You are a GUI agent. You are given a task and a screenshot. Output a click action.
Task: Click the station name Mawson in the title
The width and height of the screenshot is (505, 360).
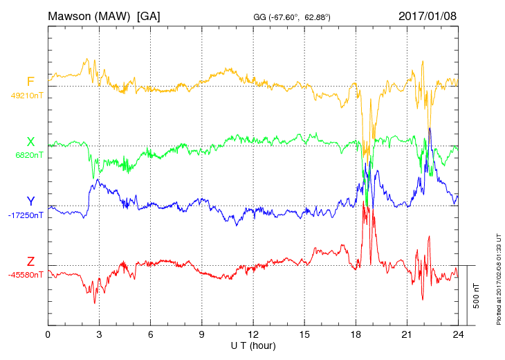click(x=71, y=15)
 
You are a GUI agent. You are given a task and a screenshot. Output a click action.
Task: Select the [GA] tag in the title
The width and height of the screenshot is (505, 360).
click(x=149, y=15)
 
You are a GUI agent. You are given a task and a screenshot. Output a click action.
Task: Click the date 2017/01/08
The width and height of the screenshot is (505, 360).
click(x=428, y=15)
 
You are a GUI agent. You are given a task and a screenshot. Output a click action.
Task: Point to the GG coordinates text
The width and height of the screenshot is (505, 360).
click(x=293, y=17)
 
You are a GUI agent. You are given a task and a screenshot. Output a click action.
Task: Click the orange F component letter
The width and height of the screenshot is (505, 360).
click(x=30, y=82)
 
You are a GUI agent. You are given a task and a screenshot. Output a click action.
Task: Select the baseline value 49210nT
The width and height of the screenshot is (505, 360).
click(x=26, y=96)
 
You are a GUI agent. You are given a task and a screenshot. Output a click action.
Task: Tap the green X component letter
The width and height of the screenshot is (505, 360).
click(x=30, y=142)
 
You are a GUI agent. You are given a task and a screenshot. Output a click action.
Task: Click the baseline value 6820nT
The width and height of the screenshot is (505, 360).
click(x=29, y=155)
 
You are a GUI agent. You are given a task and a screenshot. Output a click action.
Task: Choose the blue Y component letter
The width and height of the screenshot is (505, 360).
click(x=30, y=201)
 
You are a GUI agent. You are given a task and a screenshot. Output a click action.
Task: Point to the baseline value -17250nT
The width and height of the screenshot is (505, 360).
click(x=26, y=215)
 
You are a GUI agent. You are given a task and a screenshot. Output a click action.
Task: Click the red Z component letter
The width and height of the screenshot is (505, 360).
click(x=30, y=261)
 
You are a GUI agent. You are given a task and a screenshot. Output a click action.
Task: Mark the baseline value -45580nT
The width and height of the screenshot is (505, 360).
click(x=26, y=275)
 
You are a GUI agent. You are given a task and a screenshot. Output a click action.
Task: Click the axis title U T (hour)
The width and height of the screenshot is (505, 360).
click(x=252, y=345)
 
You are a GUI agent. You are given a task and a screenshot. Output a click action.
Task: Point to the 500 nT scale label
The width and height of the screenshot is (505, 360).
click(x=477, y=295)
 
